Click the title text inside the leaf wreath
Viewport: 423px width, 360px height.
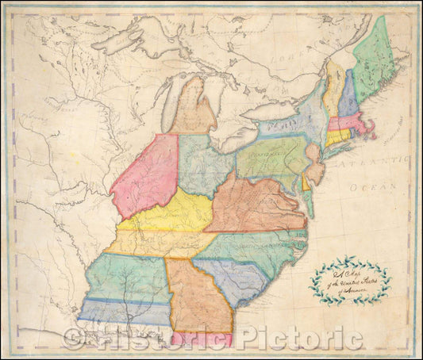tap(349, 278)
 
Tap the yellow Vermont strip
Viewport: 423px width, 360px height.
tap(334, 87)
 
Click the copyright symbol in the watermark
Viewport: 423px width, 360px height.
tap(73, 339)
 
